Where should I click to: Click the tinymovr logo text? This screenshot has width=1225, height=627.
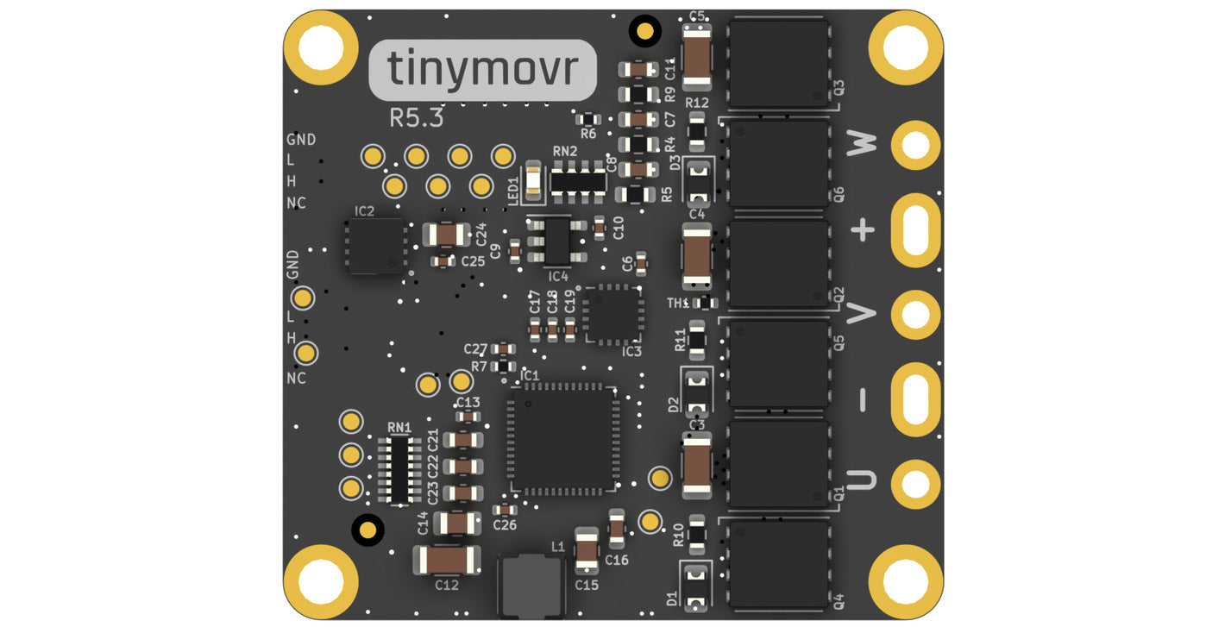[481, 70]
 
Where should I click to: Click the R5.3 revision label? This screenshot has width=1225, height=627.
[416, 118]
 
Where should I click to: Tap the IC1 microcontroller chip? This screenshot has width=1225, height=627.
[562, 441]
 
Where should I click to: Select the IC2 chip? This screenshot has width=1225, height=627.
[376, 247]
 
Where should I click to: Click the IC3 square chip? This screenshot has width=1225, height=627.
[612, 314]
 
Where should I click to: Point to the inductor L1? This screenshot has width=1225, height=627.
[530, 586]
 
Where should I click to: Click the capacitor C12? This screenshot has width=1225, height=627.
[447, 561]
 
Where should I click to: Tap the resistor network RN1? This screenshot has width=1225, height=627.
[399, 469]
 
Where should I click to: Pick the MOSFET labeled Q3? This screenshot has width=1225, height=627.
[778, 64]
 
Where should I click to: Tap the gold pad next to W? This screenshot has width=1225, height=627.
[914, 145]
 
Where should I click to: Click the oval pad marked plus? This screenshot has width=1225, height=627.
[914, 230]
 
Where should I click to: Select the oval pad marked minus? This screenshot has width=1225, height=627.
[914, 399]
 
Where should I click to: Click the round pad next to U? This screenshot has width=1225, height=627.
[914, 483]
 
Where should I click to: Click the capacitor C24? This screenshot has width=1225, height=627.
[446, 234]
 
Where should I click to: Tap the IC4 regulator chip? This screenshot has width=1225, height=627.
[557, 241]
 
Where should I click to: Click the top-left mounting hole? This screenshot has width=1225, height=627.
[321, 47]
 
